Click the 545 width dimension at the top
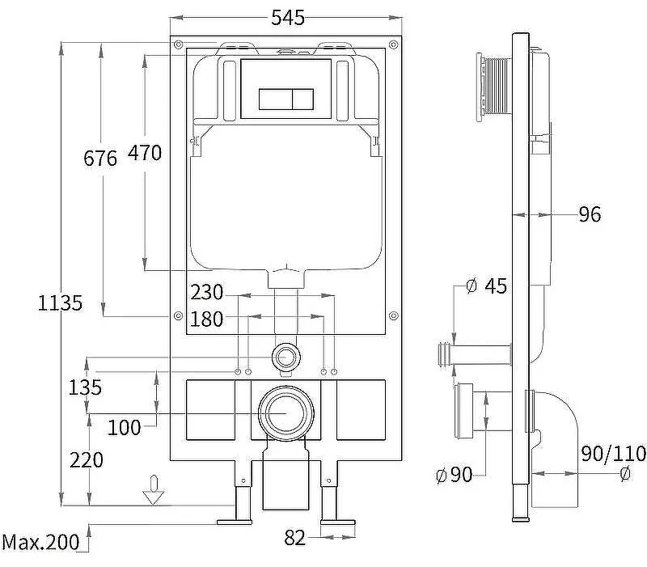point(288,18)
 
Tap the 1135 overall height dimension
point(60,303)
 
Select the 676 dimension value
point(100,158)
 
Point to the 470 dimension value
point(145,153)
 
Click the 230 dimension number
point(207,292)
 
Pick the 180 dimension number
point(207,319)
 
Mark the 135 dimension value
point(85,387)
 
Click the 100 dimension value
point(125,428)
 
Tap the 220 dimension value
point(87,460)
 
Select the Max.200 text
point(40,542)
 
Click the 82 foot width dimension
point(295,538)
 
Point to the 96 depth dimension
point(590,214)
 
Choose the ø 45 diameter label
point(487,286)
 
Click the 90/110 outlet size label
point(613,454)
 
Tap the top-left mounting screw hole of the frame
point(178,44)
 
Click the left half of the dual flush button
point(276,99)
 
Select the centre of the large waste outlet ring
point(286,413)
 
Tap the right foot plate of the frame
point(338,522)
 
